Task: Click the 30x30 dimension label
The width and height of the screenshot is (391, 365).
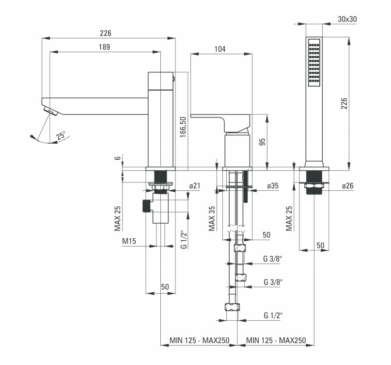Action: click(347, 19)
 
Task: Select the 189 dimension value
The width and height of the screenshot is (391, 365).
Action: click(104, 47)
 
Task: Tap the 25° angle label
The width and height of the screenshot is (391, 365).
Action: click(61, 135)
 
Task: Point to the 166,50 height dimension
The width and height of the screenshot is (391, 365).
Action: click(183, 127)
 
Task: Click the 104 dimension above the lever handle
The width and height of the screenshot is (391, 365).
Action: click(220, 49)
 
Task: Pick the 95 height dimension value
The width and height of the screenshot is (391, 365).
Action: click(262, 142)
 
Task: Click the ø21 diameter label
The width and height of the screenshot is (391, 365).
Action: click(195, 185)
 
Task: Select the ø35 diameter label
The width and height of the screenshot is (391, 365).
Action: click(273, 185)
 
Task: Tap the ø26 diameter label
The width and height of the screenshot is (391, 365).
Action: click(347, 185)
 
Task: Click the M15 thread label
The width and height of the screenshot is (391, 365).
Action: click(129, 241)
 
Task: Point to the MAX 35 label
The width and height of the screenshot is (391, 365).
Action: click(212, 218)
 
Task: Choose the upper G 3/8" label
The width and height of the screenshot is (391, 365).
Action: click(272, 259)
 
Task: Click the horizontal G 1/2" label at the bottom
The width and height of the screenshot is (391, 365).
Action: click(273, 315)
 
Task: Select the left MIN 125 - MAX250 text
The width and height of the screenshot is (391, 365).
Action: click(199, 340)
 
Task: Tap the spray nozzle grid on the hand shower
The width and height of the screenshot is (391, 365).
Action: click(314, 63)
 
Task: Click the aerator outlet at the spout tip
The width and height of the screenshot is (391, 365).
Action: click(50, 111)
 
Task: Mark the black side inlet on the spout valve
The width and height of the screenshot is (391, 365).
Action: click(146, 206)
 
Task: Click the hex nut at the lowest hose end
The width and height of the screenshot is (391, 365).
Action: click(232, 307)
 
